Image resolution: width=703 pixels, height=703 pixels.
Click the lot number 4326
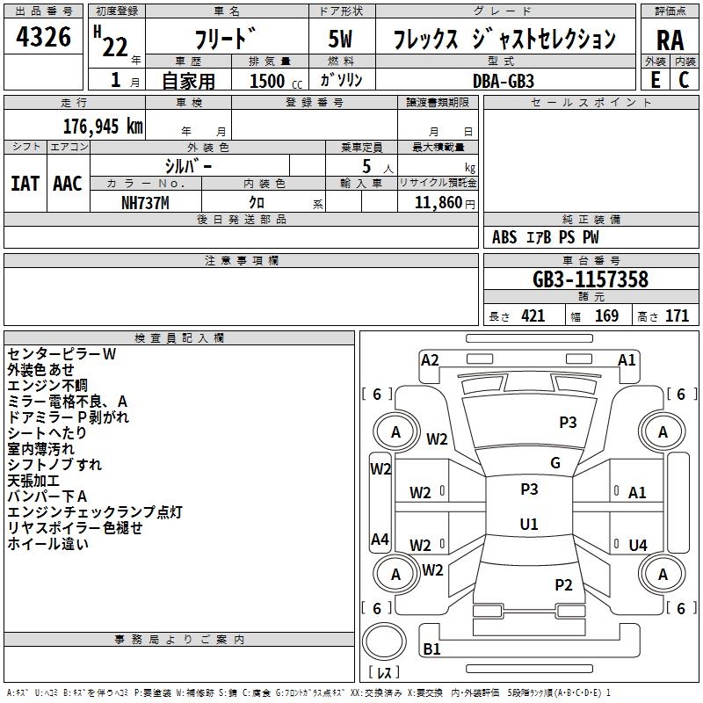pos(43,37)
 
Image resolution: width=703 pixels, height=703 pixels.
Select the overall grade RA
pos(670,40)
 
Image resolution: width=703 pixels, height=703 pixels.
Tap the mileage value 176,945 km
pos(103,127)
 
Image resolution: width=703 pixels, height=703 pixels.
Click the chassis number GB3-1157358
pos(591,279)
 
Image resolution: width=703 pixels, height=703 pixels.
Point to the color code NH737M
pos(145,203)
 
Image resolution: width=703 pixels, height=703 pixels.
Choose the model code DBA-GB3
pos(504,81)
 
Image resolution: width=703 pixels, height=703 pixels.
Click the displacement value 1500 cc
pos(276,81)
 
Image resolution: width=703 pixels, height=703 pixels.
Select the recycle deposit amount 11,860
pos(438,203)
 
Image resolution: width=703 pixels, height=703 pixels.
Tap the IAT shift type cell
pos(25,184)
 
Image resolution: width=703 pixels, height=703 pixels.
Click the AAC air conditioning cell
pos(68,184)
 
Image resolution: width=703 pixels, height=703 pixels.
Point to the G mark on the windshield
pos(555,463)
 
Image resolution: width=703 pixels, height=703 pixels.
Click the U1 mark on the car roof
pos(529,524)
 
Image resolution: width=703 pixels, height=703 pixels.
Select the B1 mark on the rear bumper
pos(431,649)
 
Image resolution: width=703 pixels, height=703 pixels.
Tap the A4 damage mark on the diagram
pos(380,539)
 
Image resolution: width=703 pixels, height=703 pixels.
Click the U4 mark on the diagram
pos(638,545)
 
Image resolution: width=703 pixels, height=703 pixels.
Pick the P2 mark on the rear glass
pos(563,585)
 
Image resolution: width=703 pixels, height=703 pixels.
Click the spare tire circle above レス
pos(384,641)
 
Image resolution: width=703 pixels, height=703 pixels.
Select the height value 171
pos(677,316)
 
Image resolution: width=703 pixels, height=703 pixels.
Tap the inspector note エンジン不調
pos(47,386)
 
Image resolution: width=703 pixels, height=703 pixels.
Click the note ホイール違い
pos(48,544)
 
